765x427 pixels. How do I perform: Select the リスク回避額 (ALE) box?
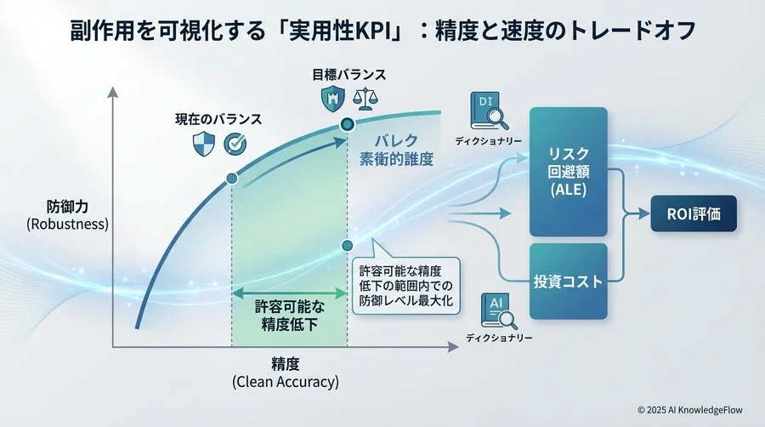[x=568, y=171]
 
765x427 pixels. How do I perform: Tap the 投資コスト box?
[x=568, y=282]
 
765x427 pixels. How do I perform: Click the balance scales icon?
[x=368, y=100]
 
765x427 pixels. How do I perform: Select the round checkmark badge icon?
[x=235, y=145]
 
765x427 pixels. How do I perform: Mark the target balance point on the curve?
[x=347, y=126]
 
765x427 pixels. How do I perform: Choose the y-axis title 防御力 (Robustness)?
[x=65, y=215]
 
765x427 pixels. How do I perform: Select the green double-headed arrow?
[x=289, y=293]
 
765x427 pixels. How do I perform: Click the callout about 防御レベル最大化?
[x=406, y=286]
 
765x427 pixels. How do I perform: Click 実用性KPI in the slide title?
[x=318, y=31]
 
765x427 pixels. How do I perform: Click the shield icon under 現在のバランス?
[x=202, y=145]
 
